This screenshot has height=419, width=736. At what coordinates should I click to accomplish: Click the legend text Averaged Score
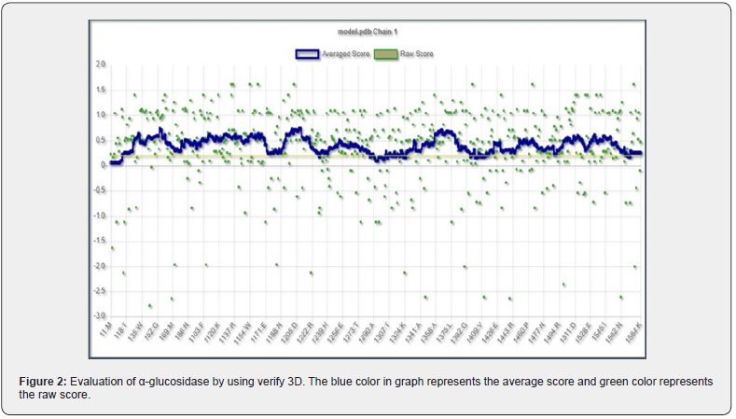(x=346, y=53)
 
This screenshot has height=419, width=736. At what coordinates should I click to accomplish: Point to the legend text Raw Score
(x=416, y=53)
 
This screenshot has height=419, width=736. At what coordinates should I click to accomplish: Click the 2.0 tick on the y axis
(x=100, y=64)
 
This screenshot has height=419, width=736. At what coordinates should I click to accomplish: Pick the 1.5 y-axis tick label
(x=100, y=90)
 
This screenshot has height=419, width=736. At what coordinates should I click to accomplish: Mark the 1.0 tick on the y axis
(x=100, y=115)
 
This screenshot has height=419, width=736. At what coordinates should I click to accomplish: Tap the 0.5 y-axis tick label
(x=100, y=140)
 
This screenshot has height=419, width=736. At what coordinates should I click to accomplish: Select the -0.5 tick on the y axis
(x=99, y=190)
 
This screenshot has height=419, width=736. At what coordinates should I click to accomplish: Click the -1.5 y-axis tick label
(x=99, y=241)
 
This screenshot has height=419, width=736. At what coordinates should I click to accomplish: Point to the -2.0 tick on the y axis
(x=99, y=266)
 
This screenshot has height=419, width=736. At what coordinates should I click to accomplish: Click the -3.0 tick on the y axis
(x=99, y=315)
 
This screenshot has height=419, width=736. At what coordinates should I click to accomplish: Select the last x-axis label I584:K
(x=633, y=332)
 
